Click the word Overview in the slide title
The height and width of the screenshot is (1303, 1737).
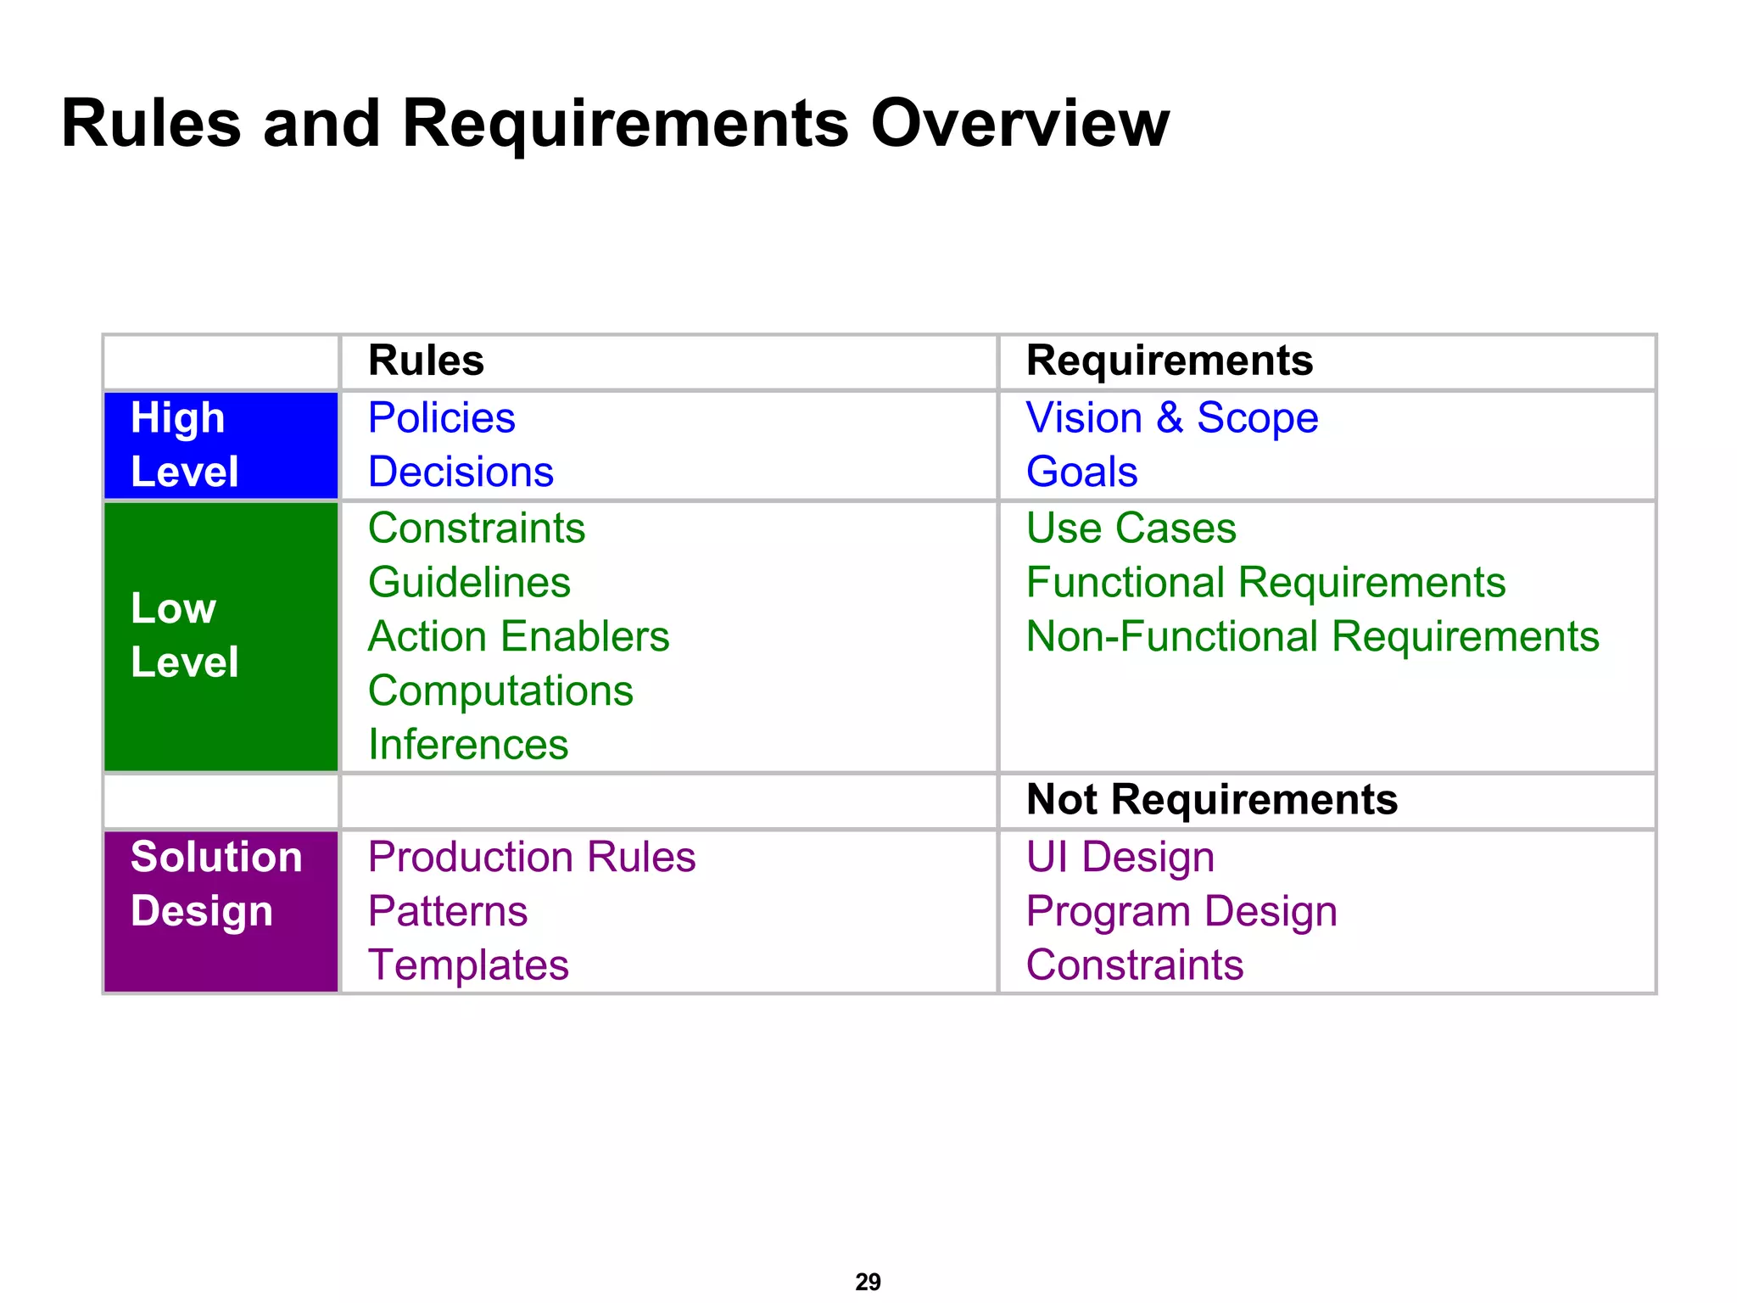point(1019,124)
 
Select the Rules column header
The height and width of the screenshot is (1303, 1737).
point(426,361)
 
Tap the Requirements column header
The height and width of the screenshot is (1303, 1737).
point(1169,361)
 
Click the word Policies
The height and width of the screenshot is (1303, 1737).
point(441,418)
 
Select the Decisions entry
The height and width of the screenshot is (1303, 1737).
point(461,472)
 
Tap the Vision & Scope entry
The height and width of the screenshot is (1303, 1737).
point(1171,418)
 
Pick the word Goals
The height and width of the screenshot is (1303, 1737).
point(1081,472)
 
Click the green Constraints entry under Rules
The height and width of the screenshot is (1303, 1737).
point(477,528)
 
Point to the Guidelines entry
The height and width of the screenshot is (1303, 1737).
point(469,583)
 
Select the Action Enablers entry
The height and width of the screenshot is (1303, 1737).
point(518,636)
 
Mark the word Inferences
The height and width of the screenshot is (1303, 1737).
point(468,745)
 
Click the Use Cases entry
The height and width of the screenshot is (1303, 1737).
point(1131,528)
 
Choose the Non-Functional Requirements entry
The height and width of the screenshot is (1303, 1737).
point(1312,636)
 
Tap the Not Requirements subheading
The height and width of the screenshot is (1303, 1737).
point(1211,800)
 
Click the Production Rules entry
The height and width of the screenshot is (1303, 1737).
point(532,857)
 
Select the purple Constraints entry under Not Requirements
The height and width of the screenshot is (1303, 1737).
point(1134,965)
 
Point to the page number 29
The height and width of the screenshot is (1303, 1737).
point(868,1281)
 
